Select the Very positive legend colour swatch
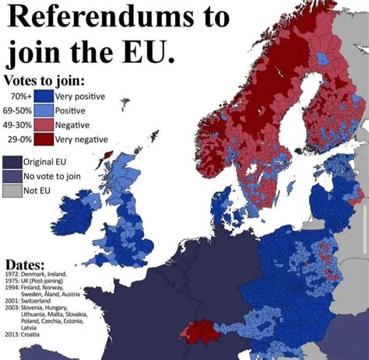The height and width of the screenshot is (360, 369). (44, 96)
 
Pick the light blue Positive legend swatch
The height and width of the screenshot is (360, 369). (44, 110)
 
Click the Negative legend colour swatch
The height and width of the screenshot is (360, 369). (44, 124)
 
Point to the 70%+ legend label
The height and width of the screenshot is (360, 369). (21, 96)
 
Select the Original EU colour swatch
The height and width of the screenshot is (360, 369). (12, 162)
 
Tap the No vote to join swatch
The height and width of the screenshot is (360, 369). (12, 176)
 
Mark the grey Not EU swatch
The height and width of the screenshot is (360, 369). (12, 190)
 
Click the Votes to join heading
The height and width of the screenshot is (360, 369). (44, 80)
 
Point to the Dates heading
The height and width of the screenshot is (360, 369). (24, 264)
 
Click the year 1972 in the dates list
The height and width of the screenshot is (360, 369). (12, 274)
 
